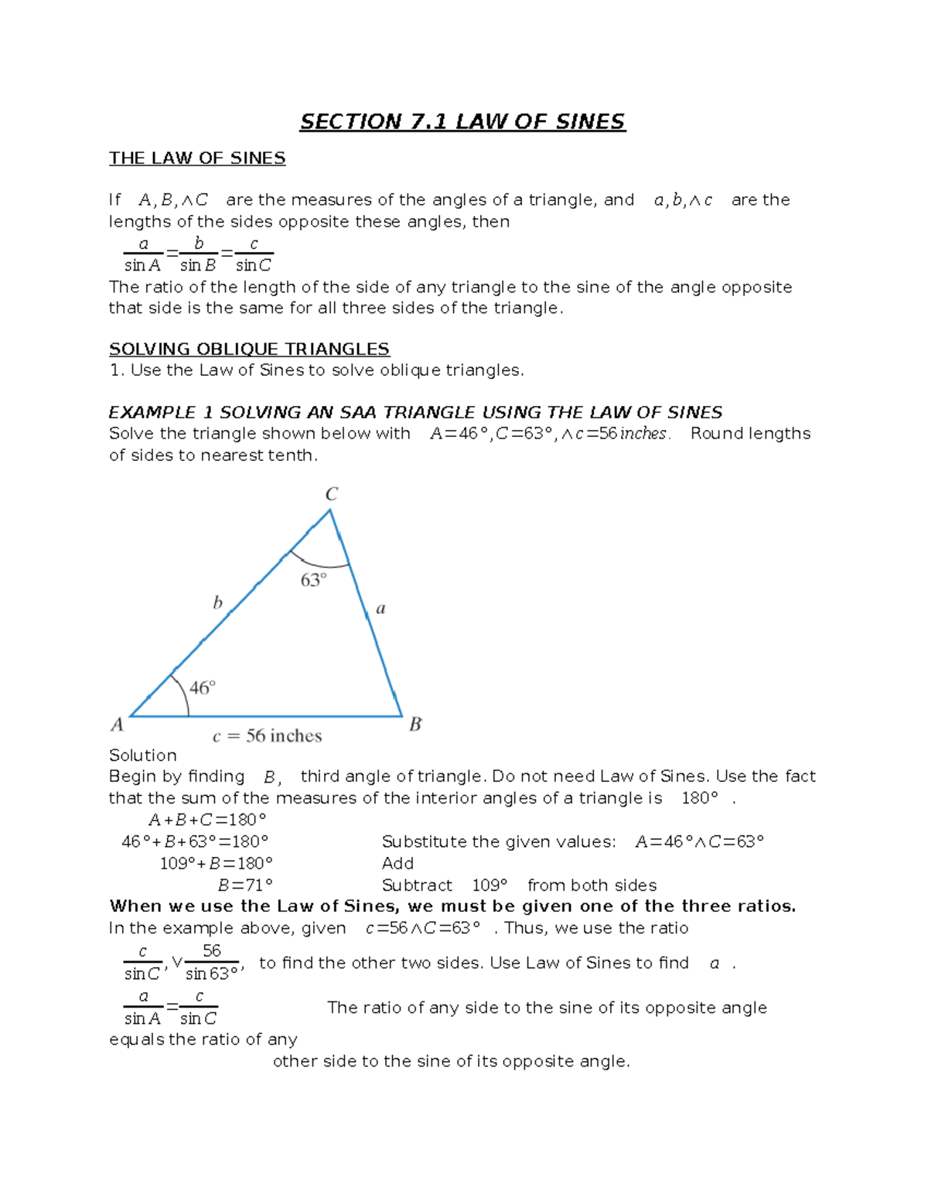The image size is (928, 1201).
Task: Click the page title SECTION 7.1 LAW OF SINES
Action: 462,122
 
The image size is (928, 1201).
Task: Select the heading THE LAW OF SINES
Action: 197,159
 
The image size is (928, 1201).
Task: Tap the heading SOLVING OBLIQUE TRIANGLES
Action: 249,349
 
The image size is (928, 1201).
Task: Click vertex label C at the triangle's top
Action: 331,494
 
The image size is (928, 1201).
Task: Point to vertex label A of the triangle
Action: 117,725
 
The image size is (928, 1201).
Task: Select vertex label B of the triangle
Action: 415,725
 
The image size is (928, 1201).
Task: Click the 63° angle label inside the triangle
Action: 313,580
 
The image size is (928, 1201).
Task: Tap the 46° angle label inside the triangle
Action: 202,688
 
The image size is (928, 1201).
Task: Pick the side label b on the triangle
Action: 217,602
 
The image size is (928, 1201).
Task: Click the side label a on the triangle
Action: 380,609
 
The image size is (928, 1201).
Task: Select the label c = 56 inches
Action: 267,736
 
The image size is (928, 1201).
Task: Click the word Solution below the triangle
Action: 143,756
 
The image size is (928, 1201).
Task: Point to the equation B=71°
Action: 245,885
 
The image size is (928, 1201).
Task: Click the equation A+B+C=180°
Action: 206,820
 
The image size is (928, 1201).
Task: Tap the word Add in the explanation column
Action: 397,864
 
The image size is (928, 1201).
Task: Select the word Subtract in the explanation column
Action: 417,885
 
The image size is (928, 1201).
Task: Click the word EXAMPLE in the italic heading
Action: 152,412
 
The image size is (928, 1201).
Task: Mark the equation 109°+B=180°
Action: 216,864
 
